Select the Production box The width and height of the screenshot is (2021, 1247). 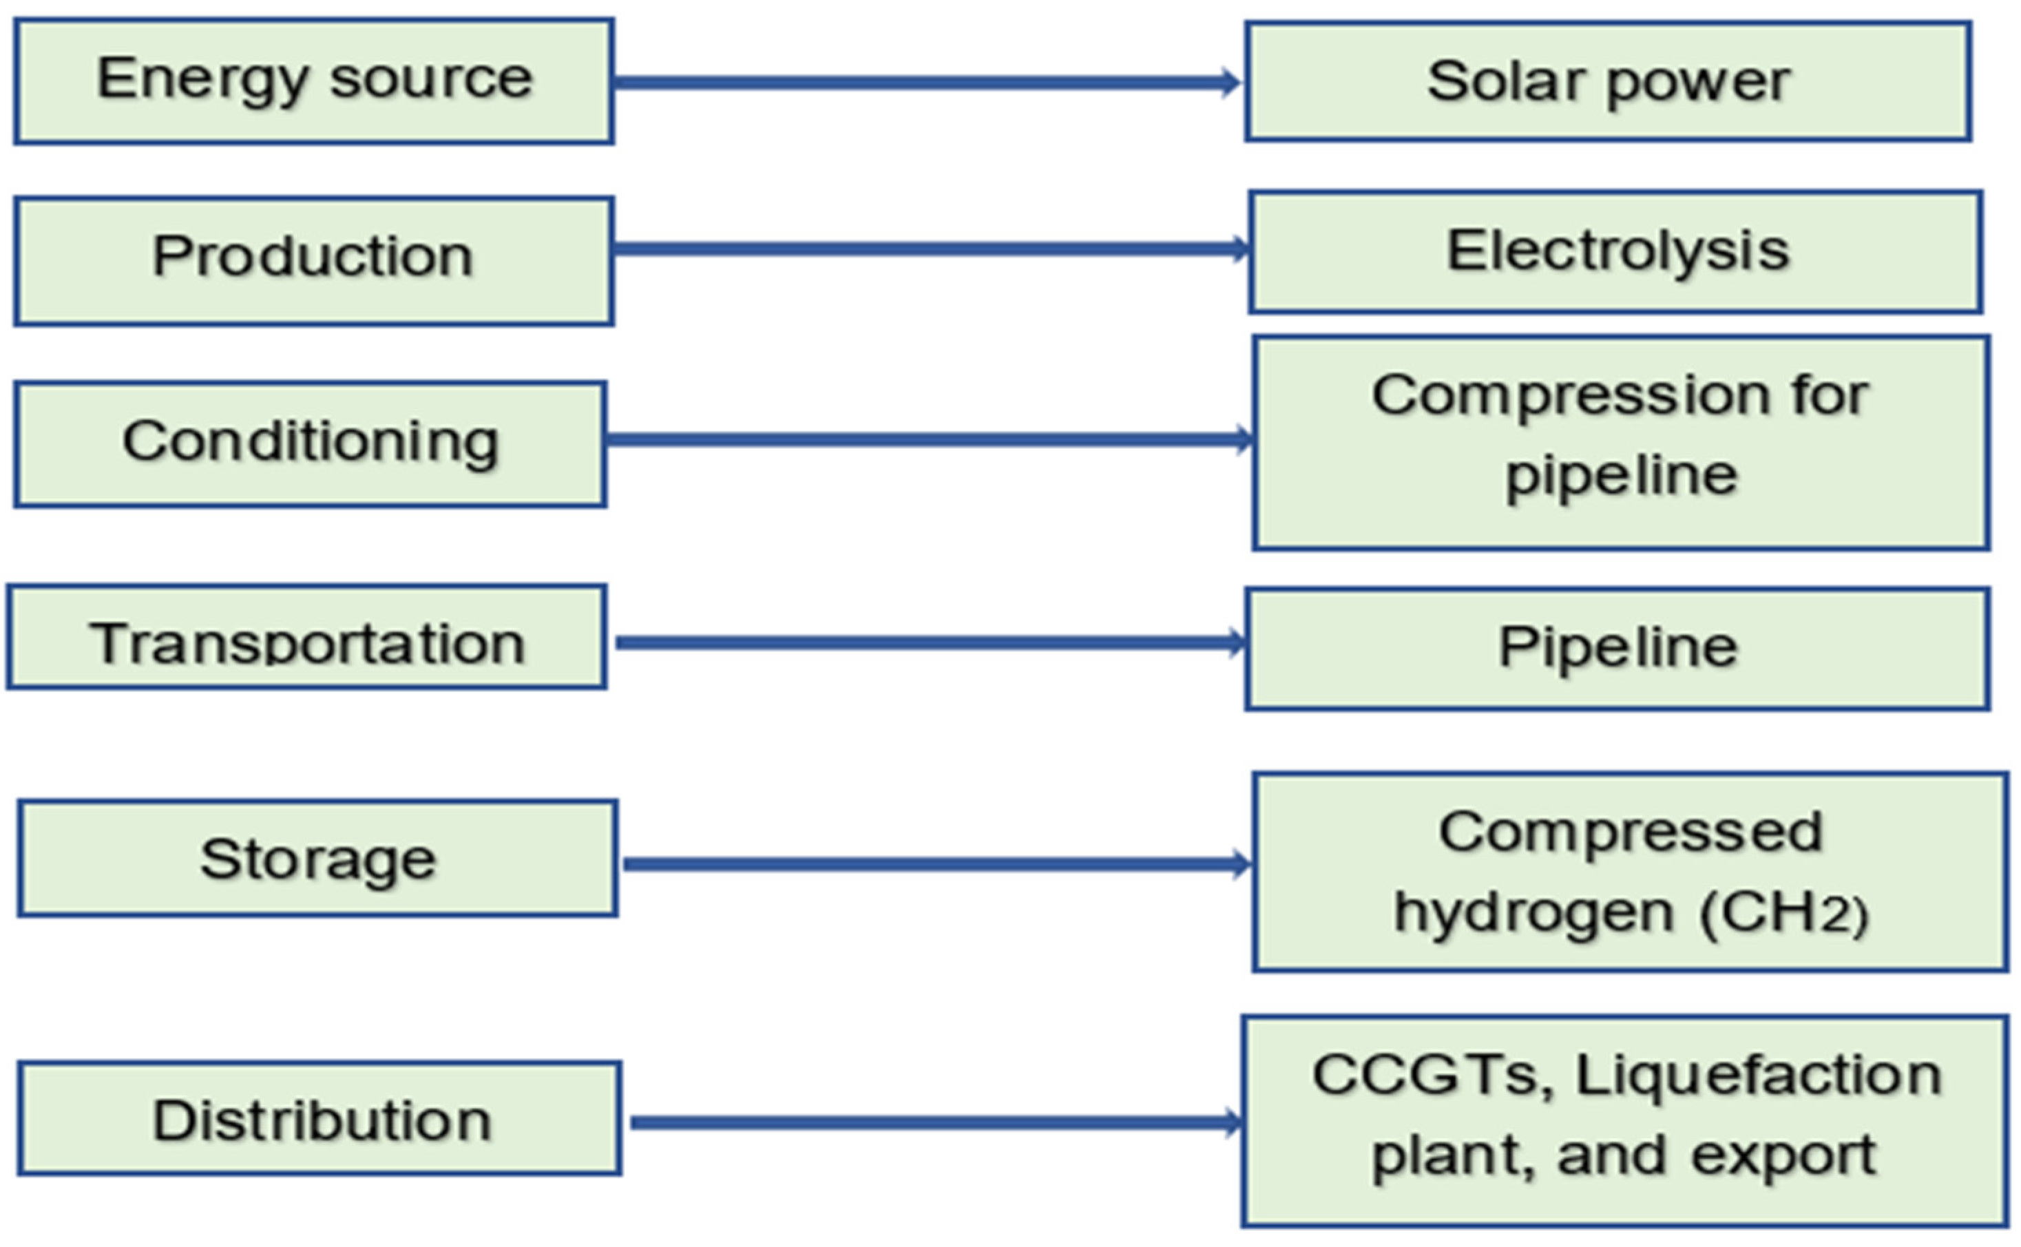click(x=313, y=260)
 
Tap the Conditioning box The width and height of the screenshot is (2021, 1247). click(x=310, y=443)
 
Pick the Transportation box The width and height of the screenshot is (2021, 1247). click(x=306, y=637)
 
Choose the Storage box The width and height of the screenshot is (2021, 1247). click(x=317, y=858)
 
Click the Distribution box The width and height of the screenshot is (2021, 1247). click(x=320, y=1118)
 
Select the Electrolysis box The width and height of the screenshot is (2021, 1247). click(x=1616, y=251)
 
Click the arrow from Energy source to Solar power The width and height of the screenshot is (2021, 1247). click(x=923, y=83)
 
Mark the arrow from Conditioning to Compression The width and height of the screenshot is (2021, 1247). click(x=928, y=439)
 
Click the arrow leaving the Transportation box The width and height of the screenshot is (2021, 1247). click(x=928, y=642)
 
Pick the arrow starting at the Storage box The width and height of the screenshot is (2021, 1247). click(x=936, y=864)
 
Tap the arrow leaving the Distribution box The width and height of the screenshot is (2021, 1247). click(x=936, y=1122)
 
